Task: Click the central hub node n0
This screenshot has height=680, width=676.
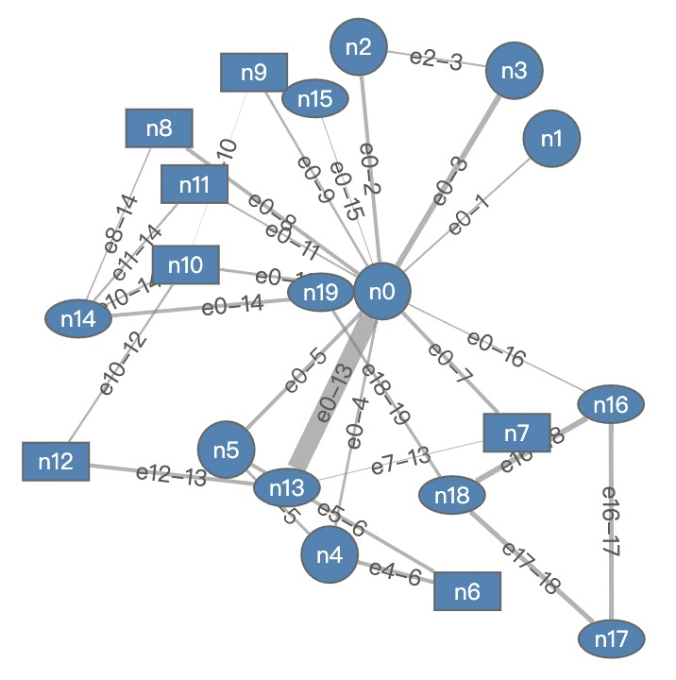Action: (x=381, y=292)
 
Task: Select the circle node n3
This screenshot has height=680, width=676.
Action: (x=515, y=71)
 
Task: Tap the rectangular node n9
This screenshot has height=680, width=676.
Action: (x=254, y=73)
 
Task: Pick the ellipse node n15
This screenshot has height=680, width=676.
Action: (x=315, y=98)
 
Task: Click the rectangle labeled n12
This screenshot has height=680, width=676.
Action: (x=56, y=462)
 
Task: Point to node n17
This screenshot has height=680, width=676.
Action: (x=612, y=639)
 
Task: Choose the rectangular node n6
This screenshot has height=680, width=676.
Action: (x=466, y=592)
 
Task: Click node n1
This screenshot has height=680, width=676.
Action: (x=552, y=138)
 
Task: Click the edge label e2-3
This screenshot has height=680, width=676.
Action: (x=436, y=60)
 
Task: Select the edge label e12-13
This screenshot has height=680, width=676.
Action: (x=171, y=475)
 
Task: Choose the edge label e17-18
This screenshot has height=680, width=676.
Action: (x=531, y=567)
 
